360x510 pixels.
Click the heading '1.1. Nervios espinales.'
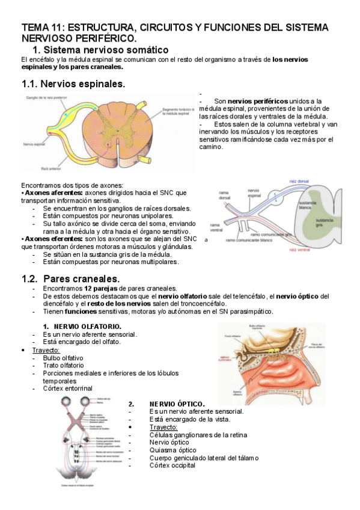(73, 84)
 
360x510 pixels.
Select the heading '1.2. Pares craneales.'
(70, 278)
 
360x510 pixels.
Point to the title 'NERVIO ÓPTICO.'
(177, 404)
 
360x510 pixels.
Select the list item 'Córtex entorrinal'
(67, 389)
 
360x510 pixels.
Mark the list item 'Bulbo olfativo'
(63, 358)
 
